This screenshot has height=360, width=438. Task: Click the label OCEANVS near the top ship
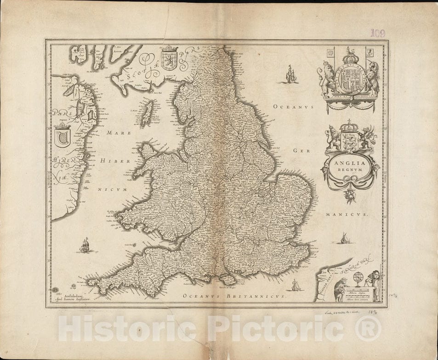[x=293, y=107]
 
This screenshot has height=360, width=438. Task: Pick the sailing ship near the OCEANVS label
[x=291, y=74]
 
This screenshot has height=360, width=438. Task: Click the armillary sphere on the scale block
[x=358, y=279]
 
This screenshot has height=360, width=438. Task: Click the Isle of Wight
[x=227, y=279]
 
